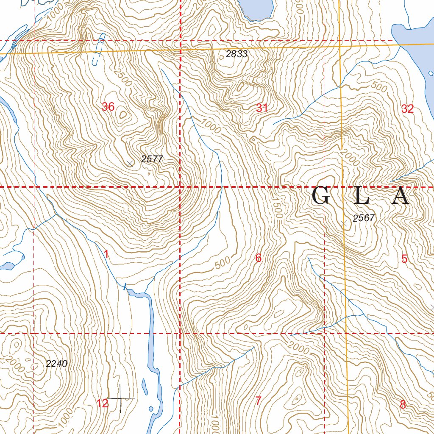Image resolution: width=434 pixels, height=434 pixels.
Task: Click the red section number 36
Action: [108, 107]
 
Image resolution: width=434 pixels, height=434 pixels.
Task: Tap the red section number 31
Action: [262, 108]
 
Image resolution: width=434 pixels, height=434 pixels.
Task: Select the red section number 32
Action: [407, 109]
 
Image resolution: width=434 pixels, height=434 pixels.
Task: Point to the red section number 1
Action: [106, 254]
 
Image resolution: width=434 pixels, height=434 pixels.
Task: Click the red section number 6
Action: [258, 258]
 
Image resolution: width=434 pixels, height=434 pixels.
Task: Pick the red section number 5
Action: [404, 259]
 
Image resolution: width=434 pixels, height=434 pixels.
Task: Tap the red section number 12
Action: [103, 403]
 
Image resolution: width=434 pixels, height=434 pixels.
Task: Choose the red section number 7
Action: [258, 400]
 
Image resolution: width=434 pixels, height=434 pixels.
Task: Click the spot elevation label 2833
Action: [236, 54]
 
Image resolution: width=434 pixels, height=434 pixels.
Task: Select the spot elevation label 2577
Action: [152, 159]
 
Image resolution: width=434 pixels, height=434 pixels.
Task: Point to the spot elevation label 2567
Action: [364, 218]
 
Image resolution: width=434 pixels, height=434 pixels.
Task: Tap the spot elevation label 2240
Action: [56, 363]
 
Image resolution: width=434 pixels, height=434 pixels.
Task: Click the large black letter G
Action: [321, 197]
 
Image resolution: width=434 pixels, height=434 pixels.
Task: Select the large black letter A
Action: [400, 197]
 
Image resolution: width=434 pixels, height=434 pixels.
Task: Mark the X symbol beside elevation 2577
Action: [130, 164]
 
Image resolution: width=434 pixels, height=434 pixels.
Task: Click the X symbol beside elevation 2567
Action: [344, 223]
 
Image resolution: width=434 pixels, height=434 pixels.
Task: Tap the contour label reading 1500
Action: [277, 208]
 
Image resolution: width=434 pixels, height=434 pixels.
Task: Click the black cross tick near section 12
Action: [121, 398]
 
